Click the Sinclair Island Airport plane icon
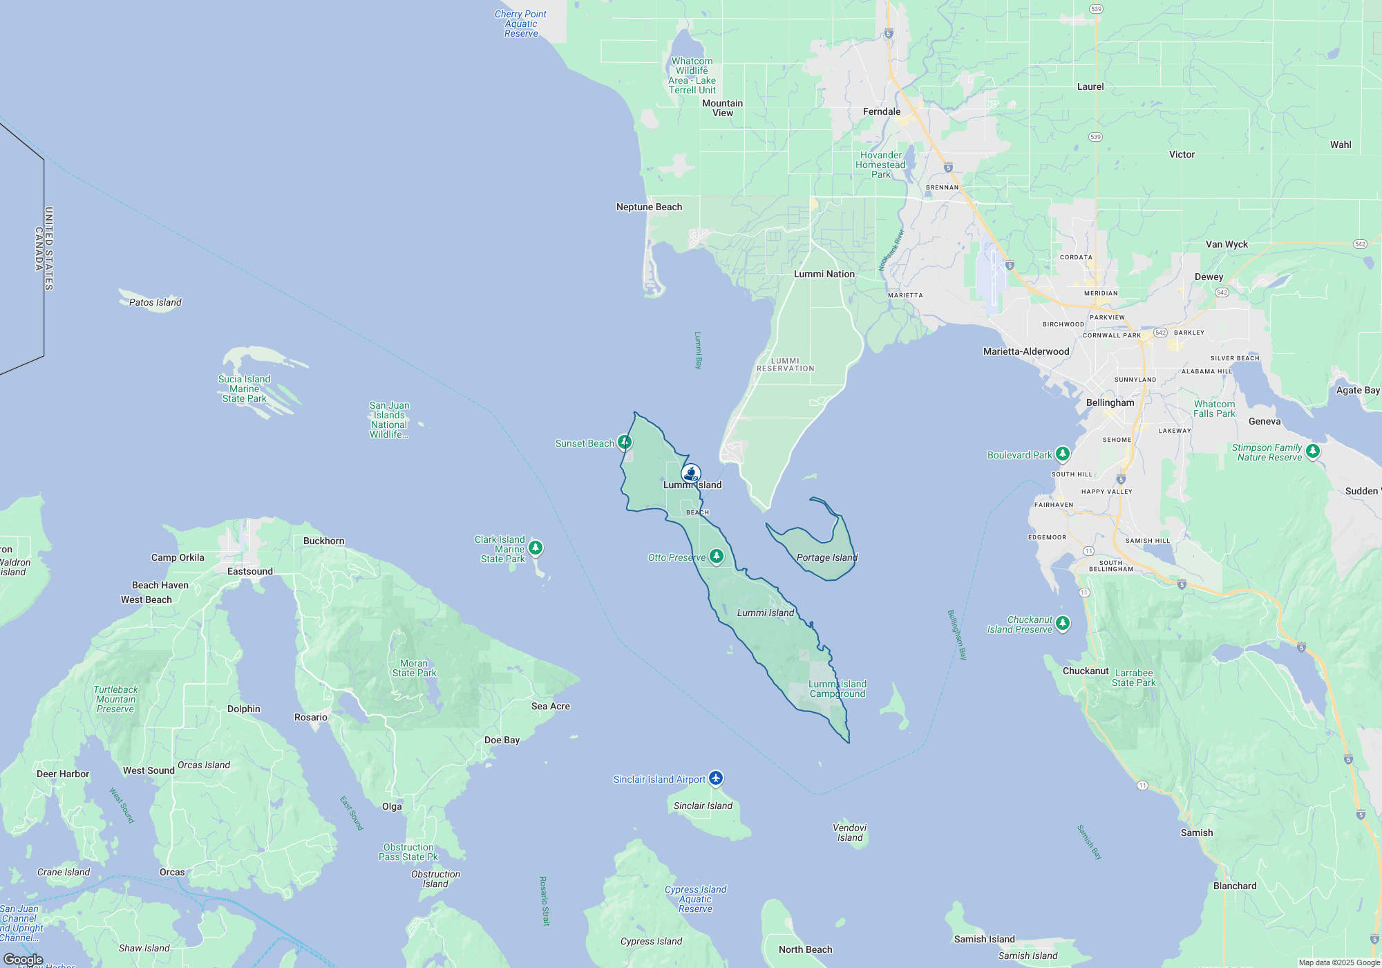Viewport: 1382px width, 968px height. point(716,779)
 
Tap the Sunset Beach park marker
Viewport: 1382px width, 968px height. point(625,442)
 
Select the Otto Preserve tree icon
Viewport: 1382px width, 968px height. point(717,556)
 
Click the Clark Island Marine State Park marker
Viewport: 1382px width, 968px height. point(536,548)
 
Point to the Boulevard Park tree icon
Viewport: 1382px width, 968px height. point(1063,454)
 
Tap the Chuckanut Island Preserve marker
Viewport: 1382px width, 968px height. point(1063,623)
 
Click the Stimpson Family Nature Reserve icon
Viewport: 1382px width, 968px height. point(1313,452)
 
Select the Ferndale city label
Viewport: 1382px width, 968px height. point(882,111)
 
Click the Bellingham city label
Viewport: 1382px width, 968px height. point(1110,402)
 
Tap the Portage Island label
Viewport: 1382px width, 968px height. point(826,557)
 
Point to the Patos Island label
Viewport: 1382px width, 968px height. point(155,302)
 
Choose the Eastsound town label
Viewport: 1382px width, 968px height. point(250,571)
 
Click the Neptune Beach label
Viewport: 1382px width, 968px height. point(649,207)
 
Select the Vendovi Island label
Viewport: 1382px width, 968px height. point(850,832)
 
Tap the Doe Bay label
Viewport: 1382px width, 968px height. point(502,740)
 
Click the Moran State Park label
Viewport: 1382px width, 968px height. point(415,668)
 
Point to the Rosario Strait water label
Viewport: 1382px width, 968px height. point(544,901)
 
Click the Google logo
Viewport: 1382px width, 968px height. point(23,959)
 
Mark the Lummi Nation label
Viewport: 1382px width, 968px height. point(824,274)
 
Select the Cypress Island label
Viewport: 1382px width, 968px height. point(651,941)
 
